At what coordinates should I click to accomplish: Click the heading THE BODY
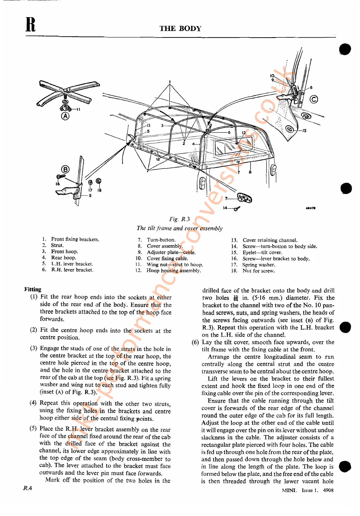click(x=180, y=28)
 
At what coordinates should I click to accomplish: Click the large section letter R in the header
click(x=30, y=25)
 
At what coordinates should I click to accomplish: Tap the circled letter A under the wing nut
click(x=65, y=116)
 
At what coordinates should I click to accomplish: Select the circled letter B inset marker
click(x=65, y=169)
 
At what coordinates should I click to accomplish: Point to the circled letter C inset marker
click(x=314, y=99)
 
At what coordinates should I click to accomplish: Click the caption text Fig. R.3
click(x=179, y=219)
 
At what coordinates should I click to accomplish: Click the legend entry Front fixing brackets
click(x=75, y=239)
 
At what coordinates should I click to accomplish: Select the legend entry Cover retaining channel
click(x=270, y=240)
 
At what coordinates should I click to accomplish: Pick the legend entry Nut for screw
click(x=259, y=271)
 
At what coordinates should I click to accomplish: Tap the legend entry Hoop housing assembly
click(x=174, y=271)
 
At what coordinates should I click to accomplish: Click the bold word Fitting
click(x=33, y=289)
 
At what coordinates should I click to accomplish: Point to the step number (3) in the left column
click(x=34, y=348)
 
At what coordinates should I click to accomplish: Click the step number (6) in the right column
click(x=195, y=342)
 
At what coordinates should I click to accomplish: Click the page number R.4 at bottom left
click(x=28, y=488)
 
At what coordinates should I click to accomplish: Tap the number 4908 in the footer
click(x=328, y=490)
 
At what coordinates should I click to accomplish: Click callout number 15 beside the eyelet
click(x=304, y=131)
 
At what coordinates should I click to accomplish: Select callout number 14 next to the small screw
click(x=225, y=208)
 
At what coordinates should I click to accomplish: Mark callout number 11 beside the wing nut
click(x=78, y=109)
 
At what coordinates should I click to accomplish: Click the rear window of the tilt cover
click(x=233, y=146)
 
